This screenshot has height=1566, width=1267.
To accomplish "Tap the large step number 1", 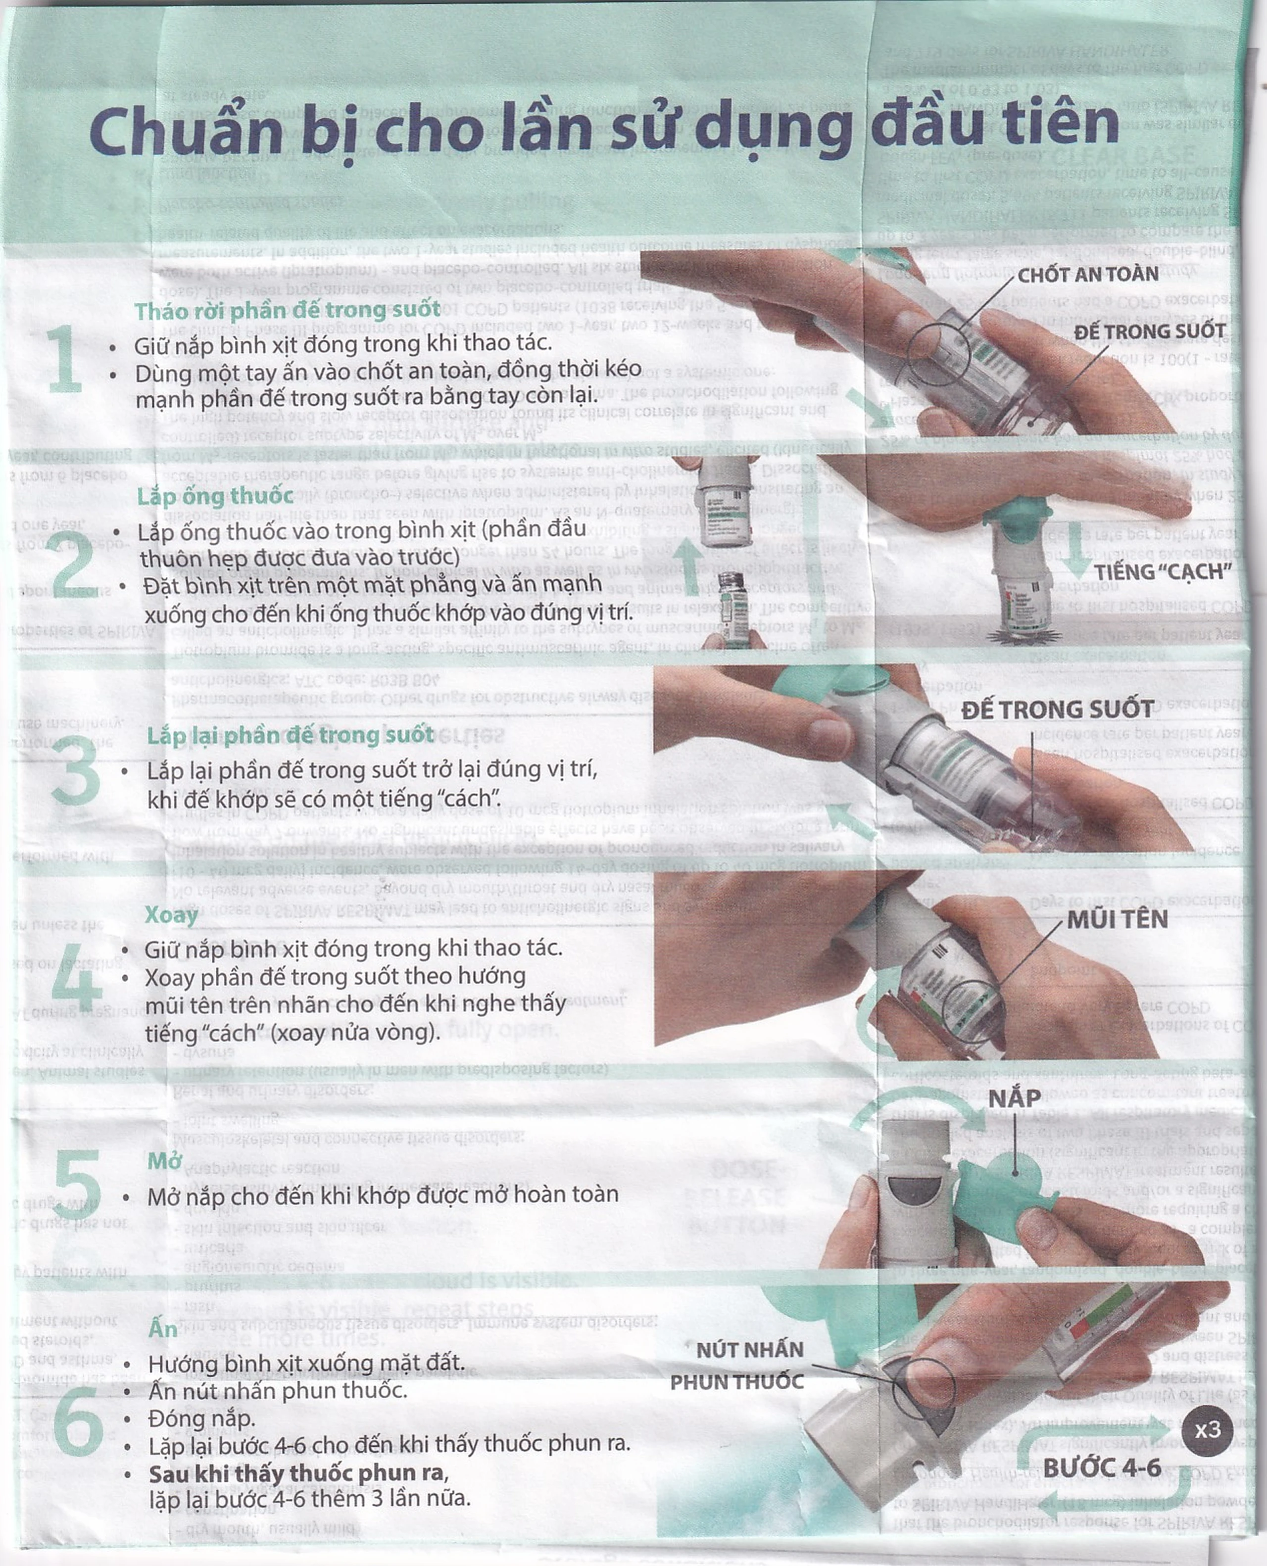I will tap(64, 359).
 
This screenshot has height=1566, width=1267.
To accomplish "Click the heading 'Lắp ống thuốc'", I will tap(215, 496).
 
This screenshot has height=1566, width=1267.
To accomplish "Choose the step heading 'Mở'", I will tap(163, 1160).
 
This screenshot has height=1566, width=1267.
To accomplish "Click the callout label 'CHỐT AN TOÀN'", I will tap(1087, 275).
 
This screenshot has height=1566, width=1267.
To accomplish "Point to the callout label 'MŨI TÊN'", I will tap(1117, 919).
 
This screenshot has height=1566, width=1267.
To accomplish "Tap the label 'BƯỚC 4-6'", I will tap(1102, 1468).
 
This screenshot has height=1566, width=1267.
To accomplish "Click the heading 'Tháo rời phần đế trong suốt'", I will tap(288, 311).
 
